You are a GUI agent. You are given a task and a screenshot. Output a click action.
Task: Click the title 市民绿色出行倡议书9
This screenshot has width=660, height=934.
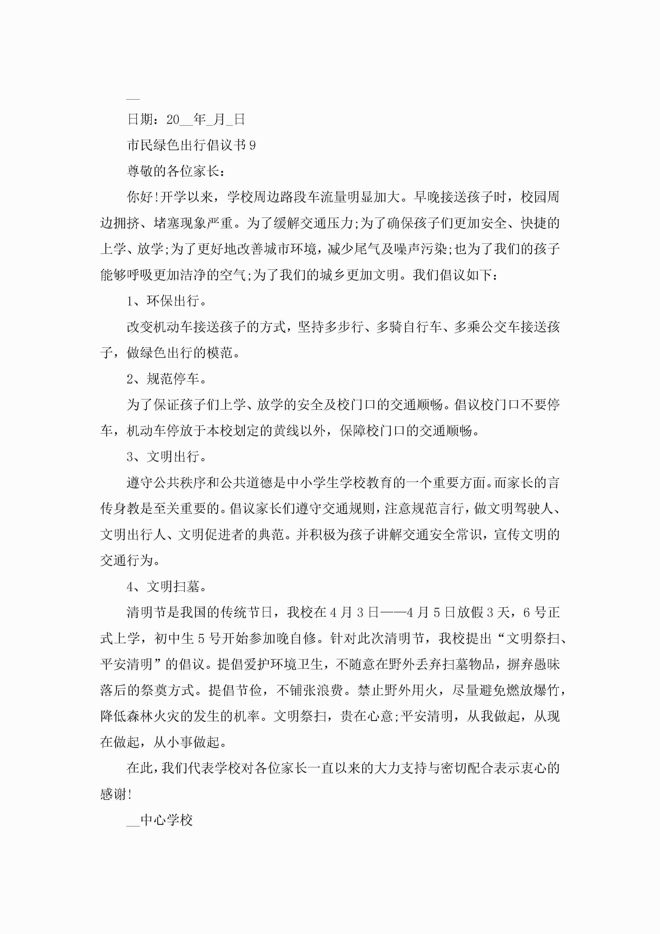[191, 145]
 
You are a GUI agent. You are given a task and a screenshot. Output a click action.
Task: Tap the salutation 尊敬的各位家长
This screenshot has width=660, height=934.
[175, 171]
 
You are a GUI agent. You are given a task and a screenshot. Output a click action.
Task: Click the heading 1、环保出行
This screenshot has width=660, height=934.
[166, 301]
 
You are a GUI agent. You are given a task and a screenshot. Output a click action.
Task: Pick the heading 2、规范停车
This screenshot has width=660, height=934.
[166, 379]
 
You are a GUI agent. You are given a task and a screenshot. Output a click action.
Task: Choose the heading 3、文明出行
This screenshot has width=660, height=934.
[166, 457]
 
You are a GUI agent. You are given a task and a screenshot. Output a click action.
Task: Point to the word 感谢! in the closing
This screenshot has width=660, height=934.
[116, 794]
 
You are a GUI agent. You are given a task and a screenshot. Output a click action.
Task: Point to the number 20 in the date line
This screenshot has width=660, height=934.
[173, 120]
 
